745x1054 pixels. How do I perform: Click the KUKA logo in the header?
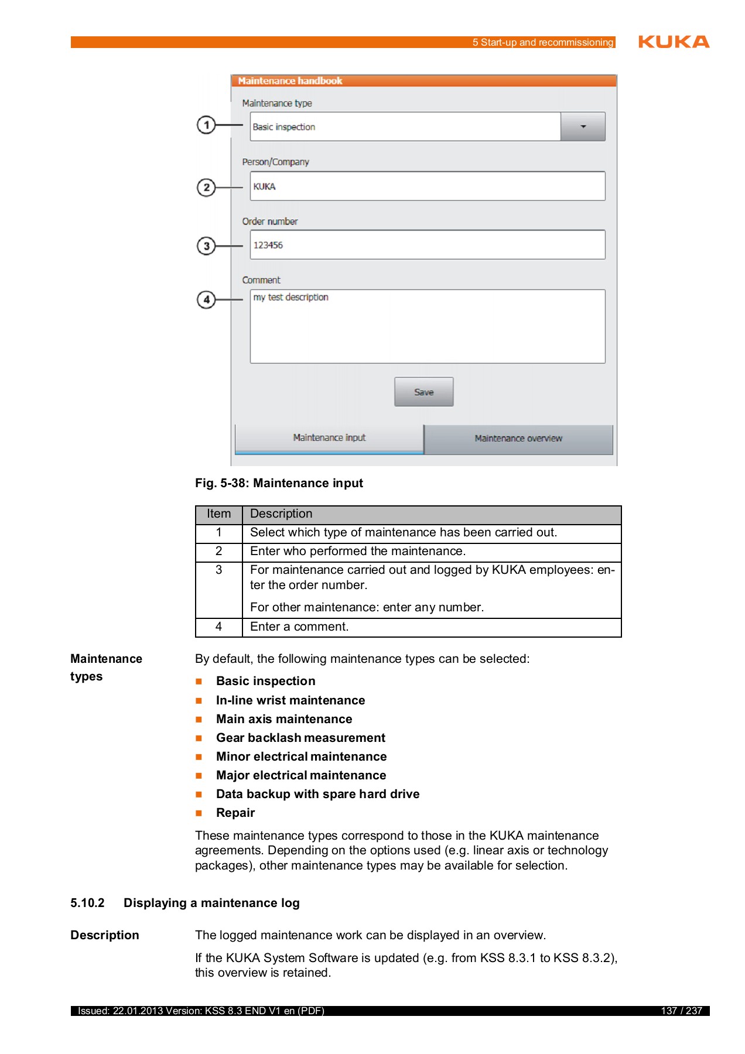674,42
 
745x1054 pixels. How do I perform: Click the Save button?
423,392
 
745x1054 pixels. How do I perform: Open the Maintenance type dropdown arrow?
583,126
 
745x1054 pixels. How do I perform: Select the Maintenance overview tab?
518,439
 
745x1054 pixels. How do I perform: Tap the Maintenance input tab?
329,438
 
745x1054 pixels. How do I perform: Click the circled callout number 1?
206,125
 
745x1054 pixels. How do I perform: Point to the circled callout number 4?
206,300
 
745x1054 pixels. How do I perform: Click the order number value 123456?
268,245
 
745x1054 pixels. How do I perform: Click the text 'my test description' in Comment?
291,297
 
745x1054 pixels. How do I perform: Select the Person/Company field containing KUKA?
427,186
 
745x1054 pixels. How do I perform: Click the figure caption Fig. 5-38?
279,483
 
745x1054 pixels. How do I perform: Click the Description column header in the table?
281,514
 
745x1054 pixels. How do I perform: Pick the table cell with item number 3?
218,570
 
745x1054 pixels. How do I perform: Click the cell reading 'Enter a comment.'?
299,627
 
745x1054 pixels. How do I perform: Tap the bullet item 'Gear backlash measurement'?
300,738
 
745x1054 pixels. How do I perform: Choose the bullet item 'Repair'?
235,813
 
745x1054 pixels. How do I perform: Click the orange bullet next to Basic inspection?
199,682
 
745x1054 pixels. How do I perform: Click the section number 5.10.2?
87,903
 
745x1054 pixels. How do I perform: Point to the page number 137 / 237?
681,1011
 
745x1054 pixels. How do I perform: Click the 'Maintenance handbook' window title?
290,81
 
